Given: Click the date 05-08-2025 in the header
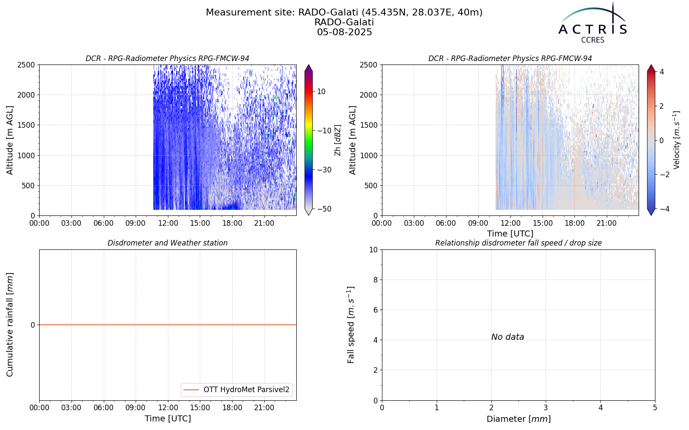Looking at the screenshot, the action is (344, 32).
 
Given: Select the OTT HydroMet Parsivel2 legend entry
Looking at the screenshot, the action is (236, 390).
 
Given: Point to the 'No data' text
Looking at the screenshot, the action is (508, 337).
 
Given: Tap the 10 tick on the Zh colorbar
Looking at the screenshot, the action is (321, 92).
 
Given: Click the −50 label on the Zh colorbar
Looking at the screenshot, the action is (324, 209).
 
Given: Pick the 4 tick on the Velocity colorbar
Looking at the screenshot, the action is (661, 72).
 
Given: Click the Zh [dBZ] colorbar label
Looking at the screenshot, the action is (338, 140).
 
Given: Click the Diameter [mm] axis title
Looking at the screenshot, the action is (518, 419).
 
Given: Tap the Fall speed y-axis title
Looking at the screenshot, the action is (351, 325).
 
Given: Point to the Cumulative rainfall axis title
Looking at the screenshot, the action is (9, 325).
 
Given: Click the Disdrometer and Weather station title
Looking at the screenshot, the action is (168, 243).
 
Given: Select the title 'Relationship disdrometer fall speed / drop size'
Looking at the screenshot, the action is (518, 243).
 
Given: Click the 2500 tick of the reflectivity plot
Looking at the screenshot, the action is (27, 65).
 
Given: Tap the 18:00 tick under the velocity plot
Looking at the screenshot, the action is (574, 223).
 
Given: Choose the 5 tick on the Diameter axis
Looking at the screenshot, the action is (655, 408).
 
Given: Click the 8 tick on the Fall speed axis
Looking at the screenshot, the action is (375, 280).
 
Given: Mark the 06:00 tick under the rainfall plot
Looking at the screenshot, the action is (104, 408).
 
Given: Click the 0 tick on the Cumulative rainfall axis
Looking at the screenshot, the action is (33, 325).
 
